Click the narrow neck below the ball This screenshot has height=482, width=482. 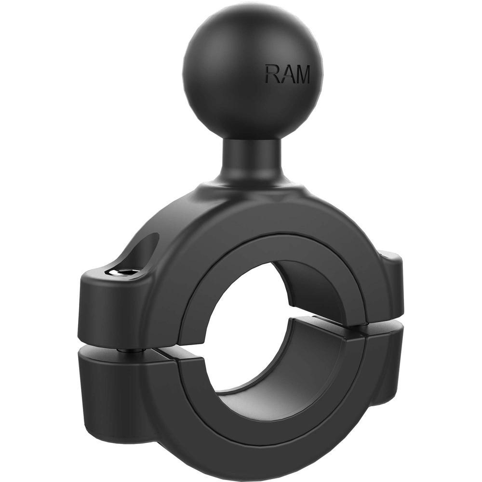251,161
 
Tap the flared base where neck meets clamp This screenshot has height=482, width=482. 251,190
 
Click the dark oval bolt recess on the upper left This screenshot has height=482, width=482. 145,251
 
